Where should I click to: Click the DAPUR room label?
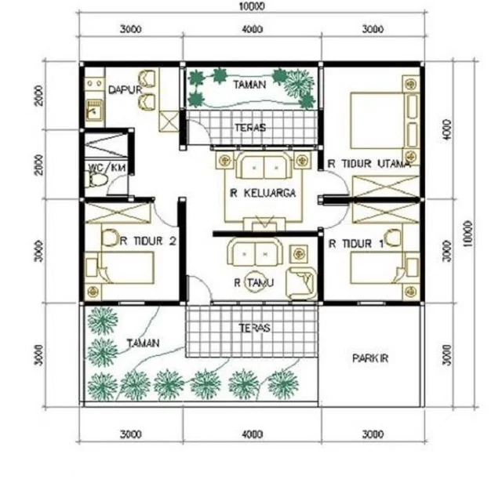tap(125, 89)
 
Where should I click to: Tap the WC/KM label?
tap(107, 167)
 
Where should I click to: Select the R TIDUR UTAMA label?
tap(369, 164)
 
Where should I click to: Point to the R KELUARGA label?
tap(263, 193)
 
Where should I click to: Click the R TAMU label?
tap(254, 282)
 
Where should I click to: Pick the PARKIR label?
tap(370, 358)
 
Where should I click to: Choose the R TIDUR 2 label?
tap(148, 241)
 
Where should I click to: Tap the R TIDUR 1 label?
tap(356, 244)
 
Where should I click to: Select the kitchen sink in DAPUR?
tap(94, 110)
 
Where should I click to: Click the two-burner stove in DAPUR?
tap(94, 84)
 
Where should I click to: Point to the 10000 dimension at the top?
tap(252, 6)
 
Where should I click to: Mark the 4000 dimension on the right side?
tap(448, 129)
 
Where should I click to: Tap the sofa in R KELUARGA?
tap(264, 165)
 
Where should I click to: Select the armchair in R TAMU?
tap(301, 283)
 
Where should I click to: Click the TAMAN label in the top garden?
tap(249, 85)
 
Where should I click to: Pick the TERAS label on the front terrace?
tap(254, 328)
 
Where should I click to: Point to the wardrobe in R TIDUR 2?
tap(117, 212)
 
